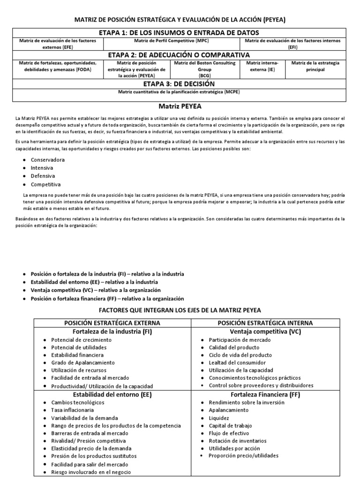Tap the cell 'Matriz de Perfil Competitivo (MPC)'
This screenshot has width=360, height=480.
pyautogui.click(x=170, y=41)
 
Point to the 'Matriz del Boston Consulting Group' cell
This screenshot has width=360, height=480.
pyautogui.click(x=204, y=68)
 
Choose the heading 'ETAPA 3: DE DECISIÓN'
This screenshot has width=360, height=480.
pyautogui.click(x=180, y=83)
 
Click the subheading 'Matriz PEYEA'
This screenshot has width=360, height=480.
pyautogui.click(x=180, y=106)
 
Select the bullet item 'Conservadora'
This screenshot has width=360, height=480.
pyautogui.click(x=48, y=160)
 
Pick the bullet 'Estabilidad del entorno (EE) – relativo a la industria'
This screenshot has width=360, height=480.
pyautogui.click(x=94, y=282)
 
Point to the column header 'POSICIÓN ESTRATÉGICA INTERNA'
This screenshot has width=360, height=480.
pyautogui.click(x=266, y=323)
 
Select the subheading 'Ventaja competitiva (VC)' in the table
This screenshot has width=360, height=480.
pyautogui.click(x=266, y=331)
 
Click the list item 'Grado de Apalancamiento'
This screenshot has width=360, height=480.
pyautogui.click(x=83, y=363)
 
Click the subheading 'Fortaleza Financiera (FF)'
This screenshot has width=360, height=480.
pyautogui.click(x=266, y=394)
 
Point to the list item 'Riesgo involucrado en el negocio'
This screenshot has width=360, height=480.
pyautogui.click(x=91, y=472)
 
